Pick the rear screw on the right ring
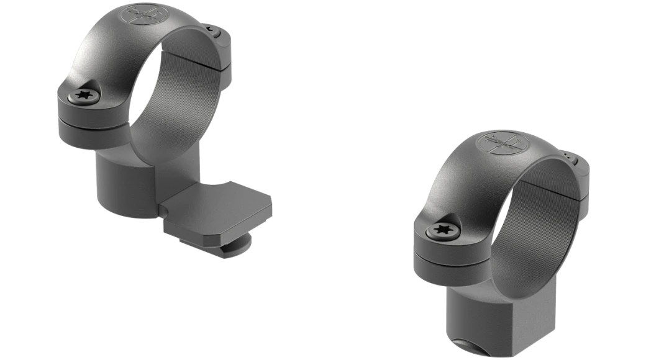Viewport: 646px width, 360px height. (570, 152)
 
